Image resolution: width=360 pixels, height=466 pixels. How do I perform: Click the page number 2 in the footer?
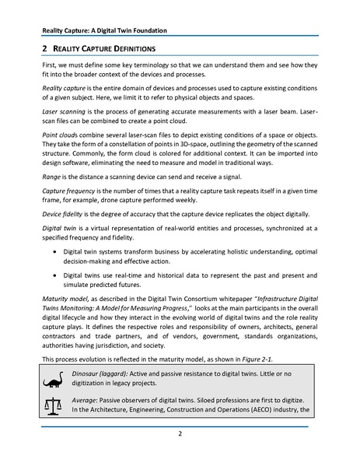[x=180, y=435]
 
